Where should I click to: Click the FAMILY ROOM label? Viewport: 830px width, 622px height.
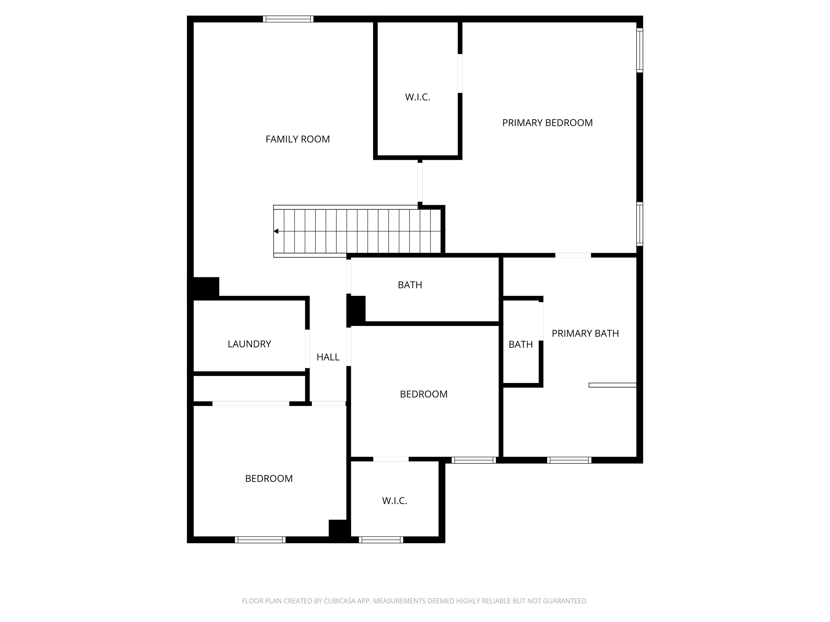(297, 139)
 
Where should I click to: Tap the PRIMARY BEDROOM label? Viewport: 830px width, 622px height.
(547, 123)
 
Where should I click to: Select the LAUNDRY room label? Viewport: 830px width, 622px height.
(249, 344)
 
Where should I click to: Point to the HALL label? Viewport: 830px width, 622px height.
(328, 357)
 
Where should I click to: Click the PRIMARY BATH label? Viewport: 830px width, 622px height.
(585, 333)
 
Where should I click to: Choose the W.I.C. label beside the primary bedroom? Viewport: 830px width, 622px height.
(417, 97)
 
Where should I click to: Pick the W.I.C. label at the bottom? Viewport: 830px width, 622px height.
(394, 501)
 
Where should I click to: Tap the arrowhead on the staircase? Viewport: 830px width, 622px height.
(276, 231)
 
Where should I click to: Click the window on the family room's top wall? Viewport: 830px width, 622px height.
(288, 19)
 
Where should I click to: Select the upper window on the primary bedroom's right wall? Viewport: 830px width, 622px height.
(640, 50)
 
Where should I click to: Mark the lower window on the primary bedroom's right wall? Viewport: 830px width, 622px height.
(640, 224)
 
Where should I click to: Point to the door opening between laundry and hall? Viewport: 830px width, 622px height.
(307, 349)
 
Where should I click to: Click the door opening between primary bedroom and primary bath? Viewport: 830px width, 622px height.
(573, 255)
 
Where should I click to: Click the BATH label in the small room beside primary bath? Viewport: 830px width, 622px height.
(520, 344)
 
